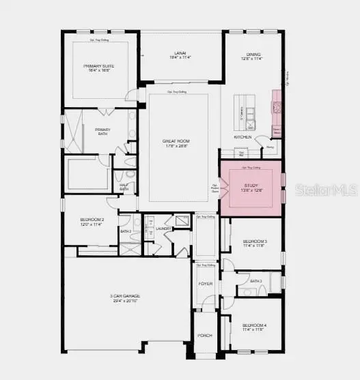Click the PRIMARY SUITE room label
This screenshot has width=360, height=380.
98,66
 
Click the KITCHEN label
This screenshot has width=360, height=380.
243,137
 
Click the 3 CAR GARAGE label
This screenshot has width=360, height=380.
125,295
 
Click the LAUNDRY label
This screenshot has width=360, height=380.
163,229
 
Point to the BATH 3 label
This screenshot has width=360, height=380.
256,281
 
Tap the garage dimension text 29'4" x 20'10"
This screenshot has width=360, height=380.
125,301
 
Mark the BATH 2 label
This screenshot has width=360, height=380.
126,231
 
